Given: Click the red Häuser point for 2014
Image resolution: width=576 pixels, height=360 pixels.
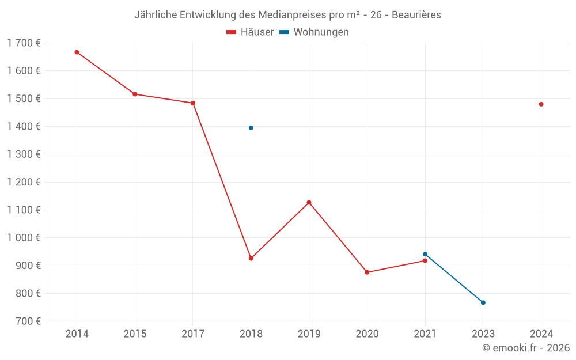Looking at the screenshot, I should tap(77, 52).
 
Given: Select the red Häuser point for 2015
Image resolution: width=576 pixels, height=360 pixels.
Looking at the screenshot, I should tap(135, 94).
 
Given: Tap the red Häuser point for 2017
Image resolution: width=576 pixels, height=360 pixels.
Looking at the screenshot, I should tap(193, 103).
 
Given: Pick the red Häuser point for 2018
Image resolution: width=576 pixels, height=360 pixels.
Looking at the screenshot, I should tap(251, 259).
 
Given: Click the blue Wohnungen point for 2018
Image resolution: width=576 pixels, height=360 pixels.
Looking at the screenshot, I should tap(251, 128).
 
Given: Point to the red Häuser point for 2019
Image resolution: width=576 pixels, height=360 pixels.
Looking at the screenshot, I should tap(309, 203).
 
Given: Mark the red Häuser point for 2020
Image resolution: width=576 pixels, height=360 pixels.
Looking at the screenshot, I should tap(367, 272).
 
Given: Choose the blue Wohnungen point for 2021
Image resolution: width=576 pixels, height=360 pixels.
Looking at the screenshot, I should tap(425, 254).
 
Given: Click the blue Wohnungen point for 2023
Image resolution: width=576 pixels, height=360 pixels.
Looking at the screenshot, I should tap(483, 302).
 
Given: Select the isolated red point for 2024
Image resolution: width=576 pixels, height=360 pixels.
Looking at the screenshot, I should tap(541, 104).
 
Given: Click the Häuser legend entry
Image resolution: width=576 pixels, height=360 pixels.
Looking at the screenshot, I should tap(251, 32).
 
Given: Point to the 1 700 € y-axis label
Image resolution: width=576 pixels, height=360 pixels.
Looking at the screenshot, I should tap(24, 43).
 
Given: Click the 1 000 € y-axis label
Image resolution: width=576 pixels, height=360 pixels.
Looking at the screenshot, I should tap(24, 238).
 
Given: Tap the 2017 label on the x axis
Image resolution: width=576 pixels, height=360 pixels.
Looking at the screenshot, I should tap(193, 334).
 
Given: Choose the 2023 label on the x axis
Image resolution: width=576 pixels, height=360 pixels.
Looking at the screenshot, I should tap(483, 334).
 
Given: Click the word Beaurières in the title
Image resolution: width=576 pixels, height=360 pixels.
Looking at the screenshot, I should tap(416, 15).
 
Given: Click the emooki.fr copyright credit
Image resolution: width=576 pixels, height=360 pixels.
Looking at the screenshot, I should tap(526, 348).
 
